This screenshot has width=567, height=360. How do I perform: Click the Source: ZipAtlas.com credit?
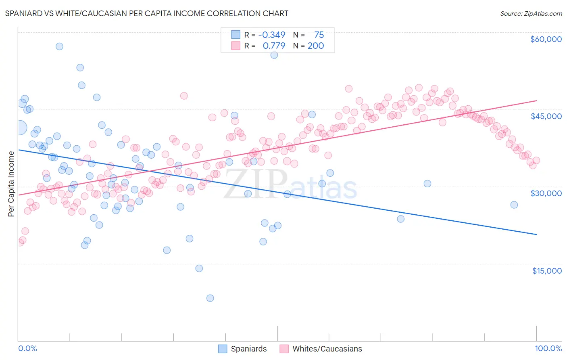coord(531,14)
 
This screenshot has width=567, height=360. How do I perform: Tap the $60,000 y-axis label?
coord(546,39)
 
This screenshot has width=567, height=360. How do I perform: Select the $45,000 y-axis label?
coord(546,116)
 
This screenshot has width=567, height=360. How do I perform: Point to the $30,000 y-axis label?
coord(546,193)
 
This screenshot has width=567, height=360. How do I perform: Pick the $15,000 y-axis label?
coord(547,271)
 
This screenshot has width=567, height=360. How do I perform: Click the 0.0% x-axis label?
coord(27,348)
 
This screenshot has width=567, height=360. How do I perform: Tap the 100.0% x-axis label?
coord(548,348)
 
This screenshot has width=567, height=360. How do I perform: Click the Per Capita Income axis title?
coord(11,184)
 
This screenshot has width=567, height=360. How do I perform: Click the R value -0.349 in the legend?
coord(271,35)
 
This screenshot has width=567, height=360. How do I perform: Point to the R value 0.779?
coord(274,46)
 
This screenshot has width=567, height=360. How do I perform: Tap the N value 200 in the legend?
coord(316,46)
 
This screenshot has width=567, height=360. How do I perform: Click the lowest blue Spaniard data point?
coord(210,298)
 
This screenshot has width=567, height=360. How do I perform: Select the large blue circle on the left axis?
coord(20,128)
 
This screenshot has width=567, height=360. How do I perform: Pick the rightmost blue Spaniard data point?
coord(514,205)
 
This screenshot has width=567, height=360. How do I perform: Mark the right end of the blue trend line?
coord(537,234)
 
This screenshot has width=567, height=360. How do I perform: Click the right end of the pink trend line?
coord(537,100)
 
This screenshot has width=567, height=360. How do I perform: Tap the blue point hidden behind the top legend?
coord(274,55)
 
